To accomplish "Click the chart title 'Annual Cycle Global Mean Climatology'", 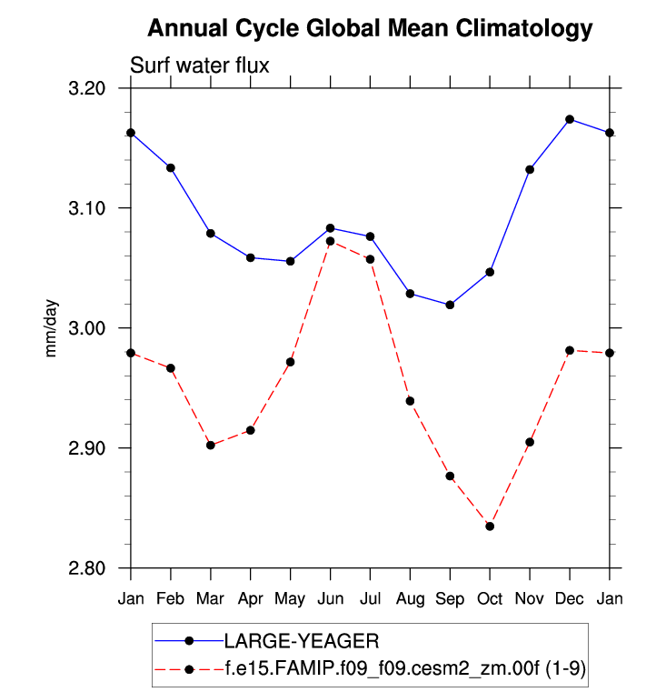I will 370,29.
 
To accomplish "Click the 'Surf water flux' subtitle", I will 200,65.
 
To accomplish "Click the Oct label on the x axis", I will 490,598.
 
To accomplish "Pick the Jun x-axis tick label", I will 330,598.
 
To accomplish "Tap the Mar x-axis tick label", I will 211,598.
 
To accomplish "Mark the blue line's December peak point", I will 570,119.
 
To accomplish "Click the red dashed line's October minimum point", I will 490,527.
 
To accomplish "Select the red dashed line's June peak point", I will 330,241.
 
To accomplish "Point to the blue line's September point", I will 450,305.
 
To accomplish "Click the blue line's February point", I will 171,167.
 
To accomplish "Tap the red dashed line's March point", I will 211,445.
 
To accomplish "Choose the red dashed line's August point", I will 410,401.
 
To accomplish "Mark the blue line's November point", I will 530,169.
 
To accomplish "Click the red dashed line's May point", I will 290,362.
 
